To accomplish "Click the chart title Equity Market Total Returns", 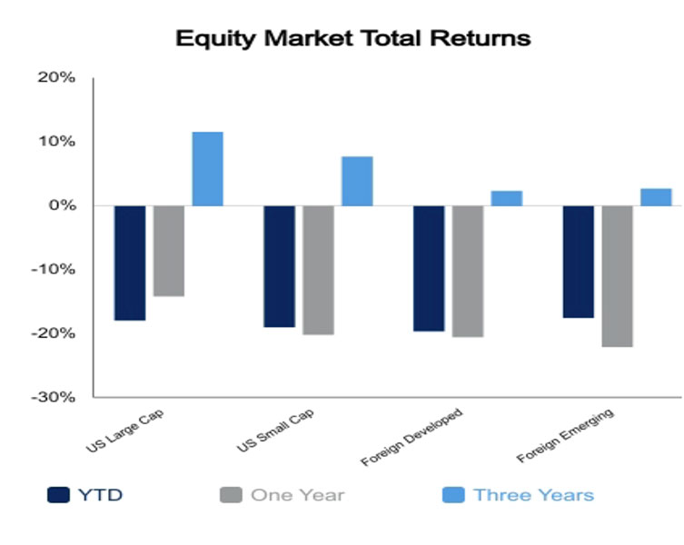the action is (353, 38).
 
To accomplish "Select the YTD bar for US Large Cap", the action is (130, 263).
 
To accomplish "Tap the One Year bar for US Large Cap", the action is (169, 251).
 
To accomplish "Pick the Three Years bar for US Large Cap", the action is (208, 169).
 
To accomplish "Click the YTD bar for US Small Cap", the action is (279, 267).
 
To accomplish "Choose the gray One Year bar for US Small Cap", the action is (319, 270).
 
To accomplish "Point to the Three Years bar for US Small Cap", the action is (357, 181).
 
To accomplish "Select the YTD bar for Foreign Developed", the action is (429, 268).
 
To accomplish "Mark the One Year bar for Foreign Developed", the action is (468, 272).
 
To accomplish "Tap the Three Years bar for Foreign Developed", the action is (507, 199).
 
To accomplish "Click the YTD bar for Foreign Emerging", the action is (579, 262).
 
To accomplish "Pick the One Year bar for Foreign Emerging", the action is (618, 276).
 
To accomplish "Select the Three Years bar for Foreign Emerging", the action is (656, 197).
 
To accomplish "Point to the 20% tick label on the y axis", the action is (56, 78).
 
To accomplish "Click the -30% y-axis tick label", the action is (53, 397).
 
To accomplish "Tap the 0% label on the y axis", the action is (62, 205).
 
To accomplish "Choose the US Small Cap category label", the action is (275, 431).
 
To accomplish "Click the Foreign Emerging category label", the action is (565, 435).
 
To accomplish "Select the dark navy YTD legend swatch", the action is (58, 495).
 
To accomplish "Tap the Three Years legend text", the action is (534, 495).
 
